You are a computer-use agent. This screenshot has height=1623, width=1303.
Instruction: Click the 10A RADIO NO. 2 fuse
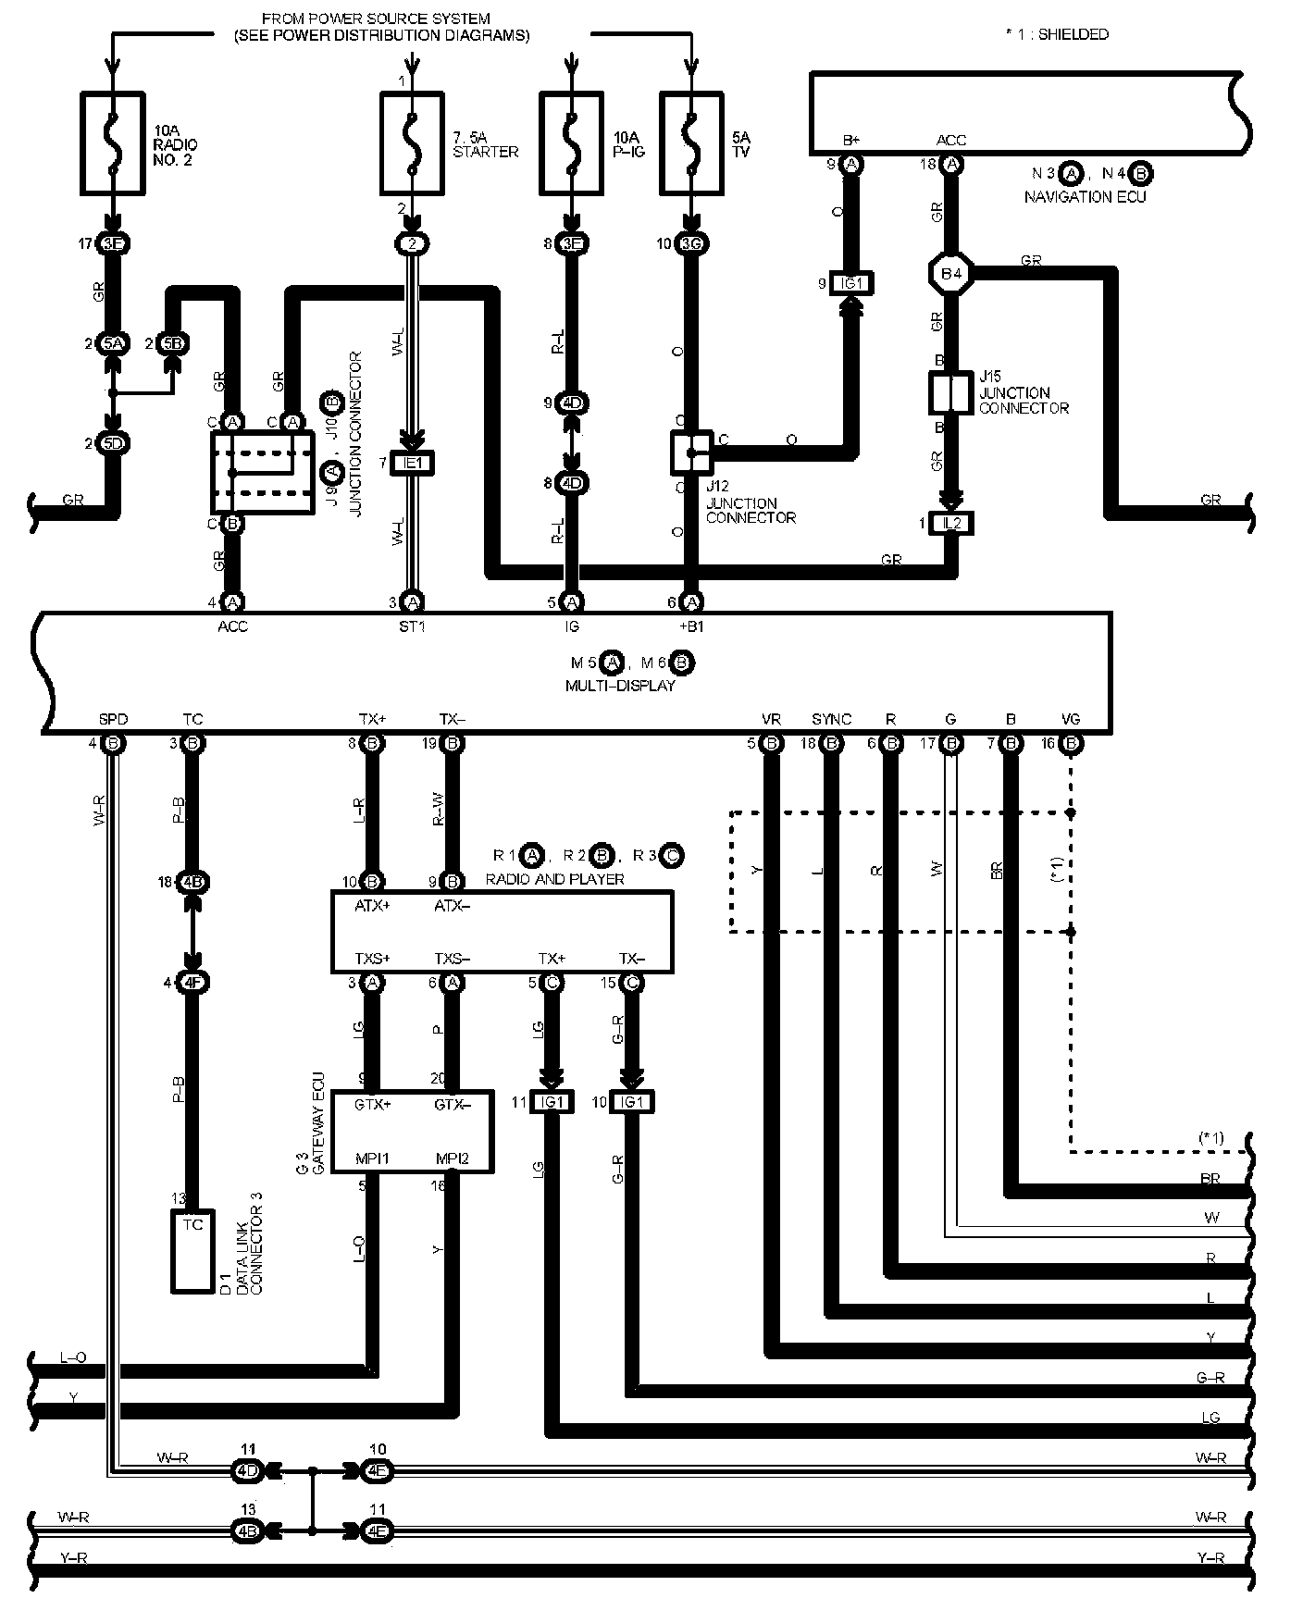point(113,143)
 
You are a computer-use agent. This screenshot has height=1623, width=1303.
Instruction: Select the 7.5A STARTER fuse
point(413,143)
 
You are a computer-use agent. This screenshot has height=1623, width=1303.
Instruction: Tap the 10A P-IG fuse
point(572,143)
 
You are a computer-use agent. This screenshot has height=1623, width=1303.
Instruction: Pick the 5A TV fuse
point(689,143)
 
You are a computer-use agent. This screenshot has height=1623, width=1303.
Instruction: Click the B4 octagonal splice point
point(950,274)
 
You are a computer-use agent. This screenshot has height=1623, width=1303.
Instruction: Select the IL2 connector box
point(950,524)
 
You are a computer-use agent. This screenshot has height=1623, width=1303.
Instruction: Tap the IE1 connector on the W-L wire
point(413,462)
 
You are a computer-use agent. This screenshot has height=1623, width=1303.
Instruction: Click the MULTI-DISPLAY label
point(620,686)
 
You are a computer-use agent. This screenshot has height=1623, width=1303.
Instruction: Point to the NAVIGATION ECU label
point(1085,196)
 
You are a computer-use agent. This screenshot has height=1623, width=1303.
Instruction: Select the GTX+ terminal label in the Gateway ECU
point(373,1104)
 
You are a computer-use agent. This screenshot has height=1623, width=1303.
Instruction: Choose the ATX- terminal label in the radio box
point(452,906)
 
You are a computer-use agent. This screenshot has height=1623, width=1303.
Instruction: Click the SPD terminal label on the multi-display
point(113,719)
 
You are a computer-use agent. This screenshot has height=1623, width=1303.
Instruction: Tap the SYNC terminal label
point(831,719)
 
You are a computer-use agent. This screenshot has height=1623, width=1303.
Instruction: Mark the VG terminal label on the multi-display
point(1071,719)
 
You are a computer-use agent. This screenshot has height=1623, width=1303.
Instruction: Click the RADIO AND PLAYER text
point(554,878)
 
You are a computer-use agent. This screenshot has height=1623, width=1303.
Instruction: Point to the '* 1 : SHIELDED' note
point(1057,34)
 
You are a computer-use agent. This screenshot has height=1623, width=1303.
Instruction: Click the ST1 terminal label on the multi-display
point(413,626)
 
